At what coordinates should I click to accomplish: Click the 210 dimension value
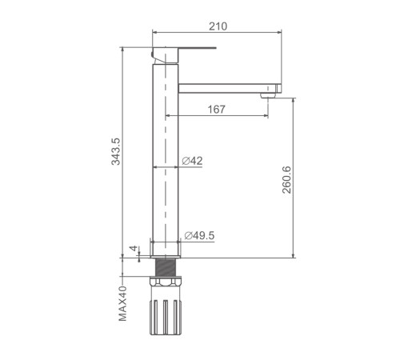[x=218, y=26]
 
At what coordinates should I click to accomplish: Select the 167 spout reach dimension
[x=216, y=110]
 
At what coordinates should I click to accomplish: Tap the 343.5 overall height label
[x=116, y=151]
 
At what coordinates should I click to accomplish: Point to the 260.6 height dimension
[x=286, y=179]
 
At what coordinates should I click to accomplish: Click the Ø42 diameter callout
[x=192, y=161]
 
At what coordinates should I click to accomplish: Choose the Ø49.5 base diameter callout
[x=199, y=235]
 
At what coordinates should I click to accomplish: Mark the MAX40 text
[x=122, y=303]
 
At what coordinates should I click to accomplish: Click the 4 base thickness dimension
[x=134, y=248]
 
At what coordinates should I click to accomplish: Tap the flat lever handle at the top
[x=197, y=48]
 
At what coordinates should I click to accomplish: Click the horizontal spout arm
[x=230, y=88]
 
